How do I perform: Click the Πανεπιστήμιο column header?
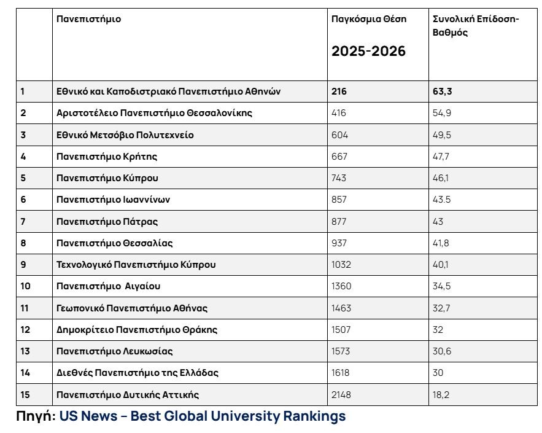pos(88,18)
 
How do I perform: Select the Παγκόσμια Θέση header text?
pos(369,18)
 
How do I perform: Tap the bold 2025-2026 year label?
pos(368,51)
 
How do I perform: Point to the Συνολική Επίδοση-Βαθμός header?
pos(476,26)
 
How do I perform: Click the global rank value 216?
pos(339,92)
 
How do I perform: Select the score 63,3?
pos(442,92)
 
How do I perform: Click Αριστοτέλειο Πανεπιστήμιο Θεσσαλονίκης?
pos(154,113)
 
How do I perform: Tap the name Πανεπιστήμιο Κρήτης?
pos(107,157)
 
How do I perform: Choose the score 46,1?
pos(440,178)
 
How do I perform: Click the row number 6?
pos(23,200)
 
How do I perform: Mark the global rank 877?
pos(339,221)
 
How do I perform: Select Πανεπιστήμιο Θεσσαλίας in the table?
pos(114,243)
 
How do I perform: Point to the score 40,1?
pos(440,265)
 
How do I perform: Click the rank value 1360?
pos(341,286)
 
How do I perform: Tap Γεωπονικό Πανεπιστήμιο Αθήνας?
pos(132,308)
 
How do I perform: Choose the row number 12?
pos(25,330)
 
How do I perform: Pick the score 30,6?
pos(442,351)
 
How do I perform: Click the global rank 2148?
pos(341,394)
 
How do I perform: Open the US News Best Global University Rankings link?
pos(203,416)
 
